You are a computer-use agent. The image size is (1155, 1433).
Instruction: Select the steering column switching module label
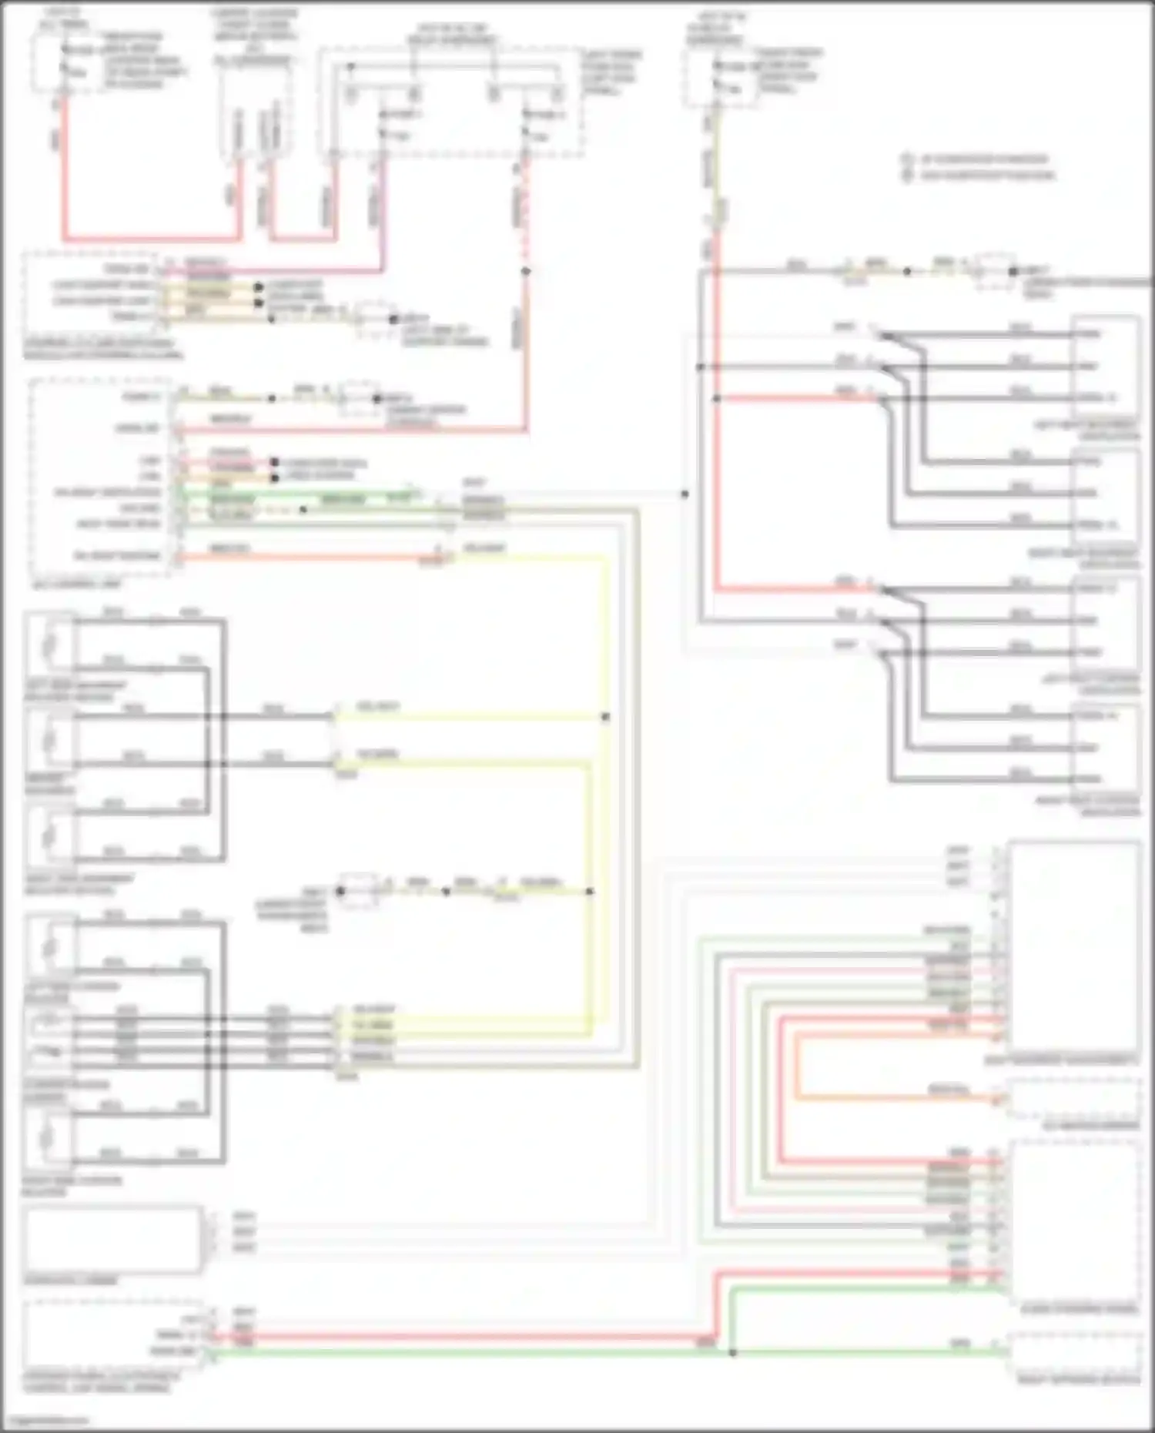click(x=100, y=349)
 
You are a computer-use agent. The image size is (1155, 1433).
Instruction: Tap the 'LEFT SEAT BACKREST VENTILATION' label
click(x=1086, y=430)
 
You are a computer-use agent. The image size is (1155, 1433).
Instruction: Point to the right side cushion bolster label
click(x=72, y=1186)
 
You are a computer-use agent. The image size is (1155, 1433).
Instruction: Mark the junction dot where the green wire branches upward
click(x=732, y=1352)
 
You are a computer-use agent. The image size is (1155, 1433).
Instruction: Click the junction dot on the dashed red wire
click(x=526, y=271)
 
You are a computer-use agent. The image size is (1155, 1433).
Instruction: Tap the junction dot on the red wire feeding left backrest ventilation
click(x=716, y=398)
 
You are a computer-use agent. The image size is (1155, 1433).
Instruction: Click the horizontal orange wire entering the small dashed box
click(x=901, y=1097)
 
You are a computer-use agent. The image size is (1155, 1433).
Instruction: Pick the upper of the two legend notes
click(x=978, y=159)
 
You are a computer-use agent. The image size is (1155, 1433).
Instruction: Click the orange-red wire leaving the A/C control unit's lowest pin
click(x=308, y=556)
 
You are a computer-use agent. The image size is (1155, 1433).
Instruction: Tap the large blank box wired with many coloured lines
click(x=1075, y=946)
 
